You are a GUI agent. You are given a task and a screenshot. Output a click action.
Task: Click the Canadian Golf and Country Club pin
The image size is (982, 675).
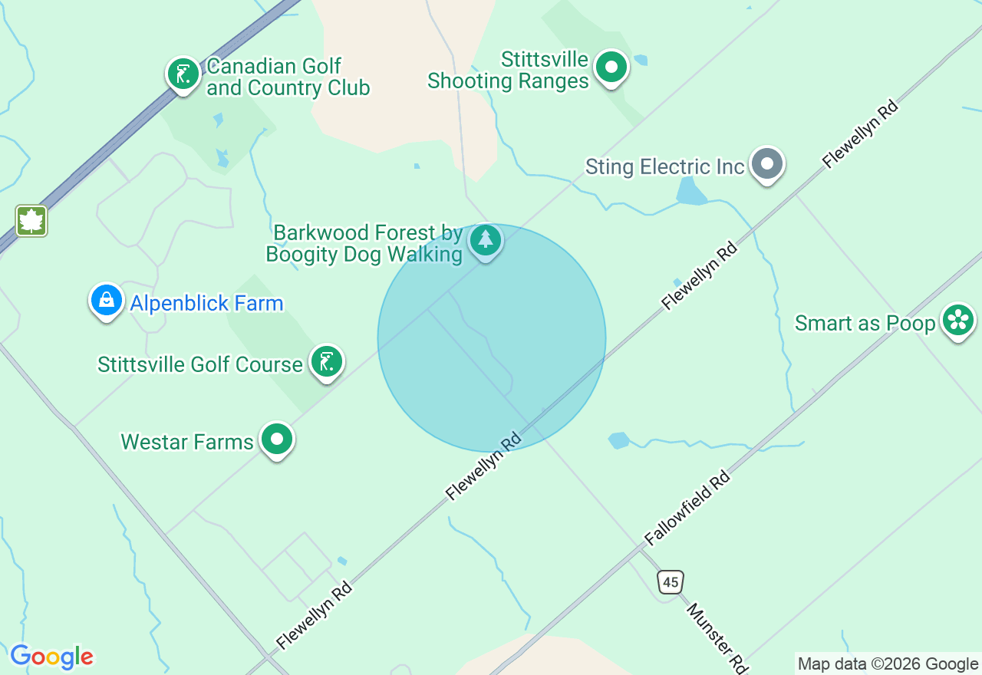pyautogui.click(x=183, y=74)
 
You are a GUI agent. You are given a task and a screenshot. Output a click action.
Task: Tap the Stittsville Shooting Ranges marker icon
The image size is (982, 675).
pyautogui.click(x=611, y=67)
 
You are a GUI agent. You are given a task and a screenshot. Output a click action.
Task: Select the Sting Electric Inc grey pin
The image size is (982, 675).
pyautogui.click(x=766, y=164)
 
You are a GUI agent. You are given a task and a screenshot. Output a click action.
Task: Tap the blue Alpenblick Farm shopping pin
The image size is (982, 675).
pyautogui.click(x=107, y=301)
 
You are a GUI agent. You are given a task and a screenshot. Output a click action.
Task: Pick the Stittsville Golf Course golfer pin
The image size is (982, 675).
pyautogui.click(x=327, y=362)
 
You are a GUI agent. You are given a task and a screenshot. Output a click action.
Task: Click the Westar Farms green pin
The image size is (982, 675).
pyautogui.click(x=277, y=440)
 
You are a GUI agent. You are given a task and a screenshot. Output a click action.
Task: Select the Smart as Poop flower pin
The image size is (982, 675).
pyautogui.click(x=957, y=321)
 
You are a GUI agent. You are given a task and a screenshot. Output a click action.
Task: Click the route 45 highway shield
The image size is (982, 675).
pyautogui.click(x=671, y=582)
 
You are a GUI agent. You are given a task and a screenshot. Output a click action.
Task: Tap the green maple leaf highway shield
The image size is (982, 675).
pyautogui.click(x=31, y=221)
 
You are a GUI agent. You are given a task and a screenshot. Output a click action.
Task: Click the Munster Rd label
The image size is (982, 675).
pyautogui.click(x=717, y=637)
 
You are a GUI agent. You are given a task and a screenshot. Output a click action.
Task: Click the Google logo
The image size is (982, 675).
pyautogui.click(x=51, y=657)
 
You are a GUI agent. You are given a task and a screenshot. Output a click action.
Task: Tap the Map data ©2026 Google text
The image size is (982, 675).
pyautogui.click(x=888, y=664)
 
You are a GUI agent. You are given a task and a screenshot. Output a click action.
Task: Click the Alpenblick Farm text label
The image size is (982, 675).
pyautogui.click(x=206, y=304)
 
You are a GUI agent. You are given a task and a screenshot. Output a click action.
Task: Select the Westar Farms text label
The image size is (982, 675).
pyautogui.click(x=187, y=442)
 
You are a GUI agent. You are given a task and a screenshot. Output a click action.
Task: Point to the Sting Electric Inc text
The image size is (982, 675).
pyautogui.click(x=664, y=167)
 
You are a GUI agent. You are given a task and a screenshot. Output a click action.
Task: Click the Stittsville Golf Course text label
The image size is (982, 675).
pyautogui.click(x=200, y=364)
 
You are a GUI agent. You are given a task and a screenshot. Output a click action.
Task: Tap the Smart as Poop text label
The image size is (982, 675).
pyautogui.click(x=865, y=323)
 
